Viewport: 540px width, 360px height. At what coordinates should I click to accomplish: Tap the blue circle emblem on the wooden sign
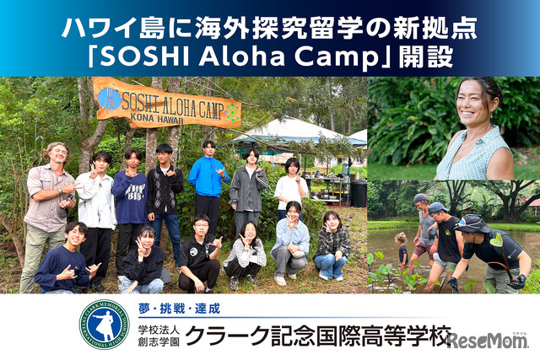pos(110,98)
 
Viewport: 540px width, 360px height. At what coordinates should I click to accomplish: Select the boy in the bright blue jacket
pos(208,182)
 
